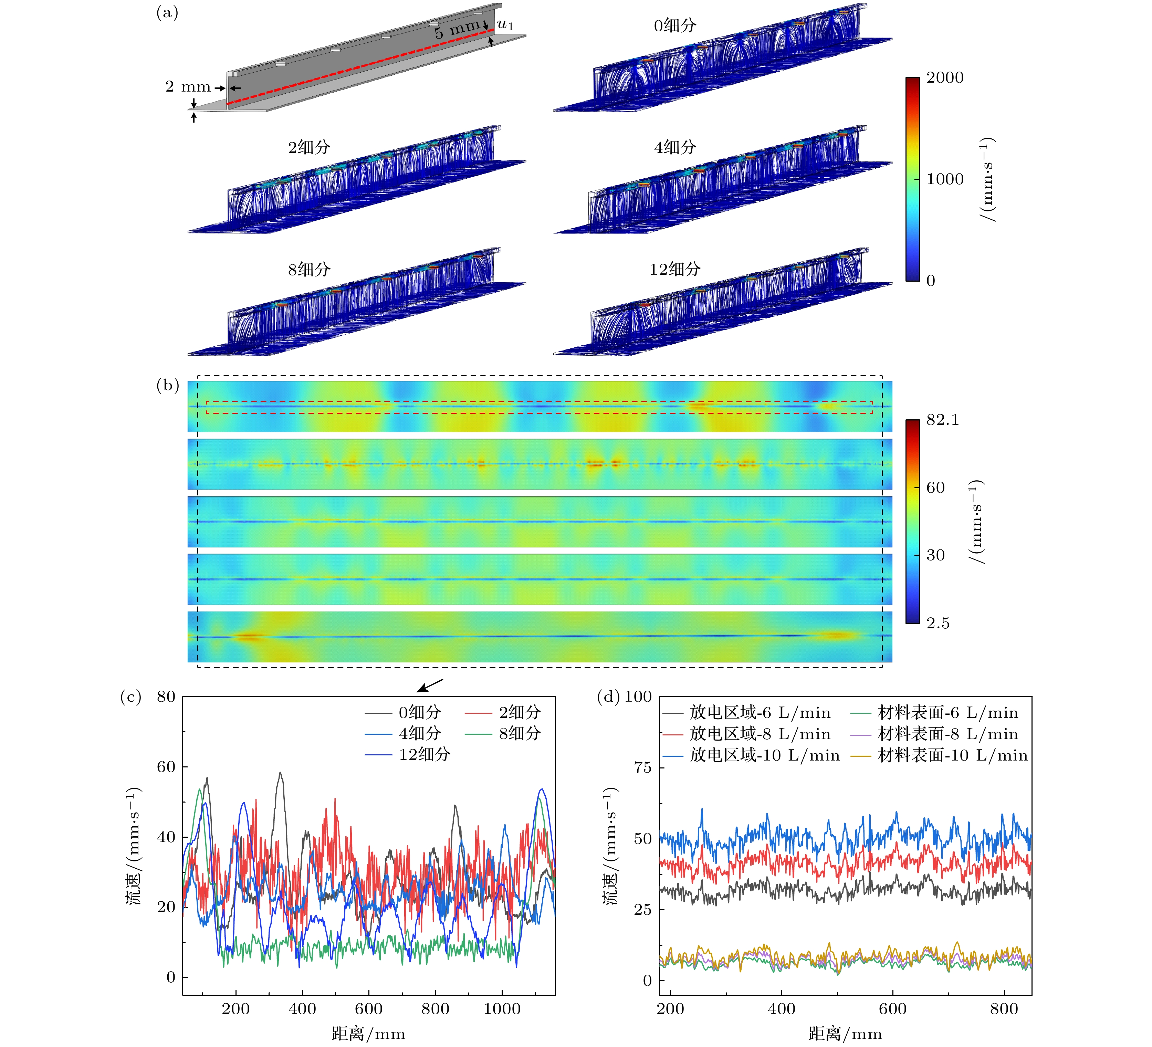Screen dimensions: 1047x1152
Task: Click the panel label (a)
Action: [x=167, y=13]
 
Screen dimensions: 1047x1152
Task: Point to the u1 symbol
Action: [x=505, y=25]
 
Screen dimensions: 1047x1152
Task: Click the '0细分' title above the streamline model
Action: [x=675, y=25]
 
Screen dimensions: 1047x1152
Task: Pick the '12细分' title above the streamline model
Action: [x=675, y=269]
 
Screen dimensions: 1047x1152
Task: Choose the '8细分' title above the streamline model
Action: [x=309, y=269]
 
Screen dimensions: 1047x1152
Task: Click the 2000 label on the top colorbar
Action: [x=945, y=78]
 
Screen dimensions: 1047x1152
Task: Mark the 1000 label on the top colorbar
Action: [x=945, y=179]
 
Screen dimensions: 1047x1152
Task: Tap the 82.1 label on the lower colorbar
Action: [x=942, y=420]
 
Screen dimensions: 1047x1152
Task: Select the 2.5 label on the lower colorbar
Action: [x=938, y=623]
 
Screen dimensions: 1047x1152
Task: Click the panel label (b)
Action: [x=167, y=385]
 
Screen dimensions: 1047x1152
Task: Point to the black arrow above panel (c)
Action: [x=430, y=685]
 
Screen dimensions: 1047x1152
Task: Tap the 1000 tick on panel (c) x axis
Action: [x=502, y=1009]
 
